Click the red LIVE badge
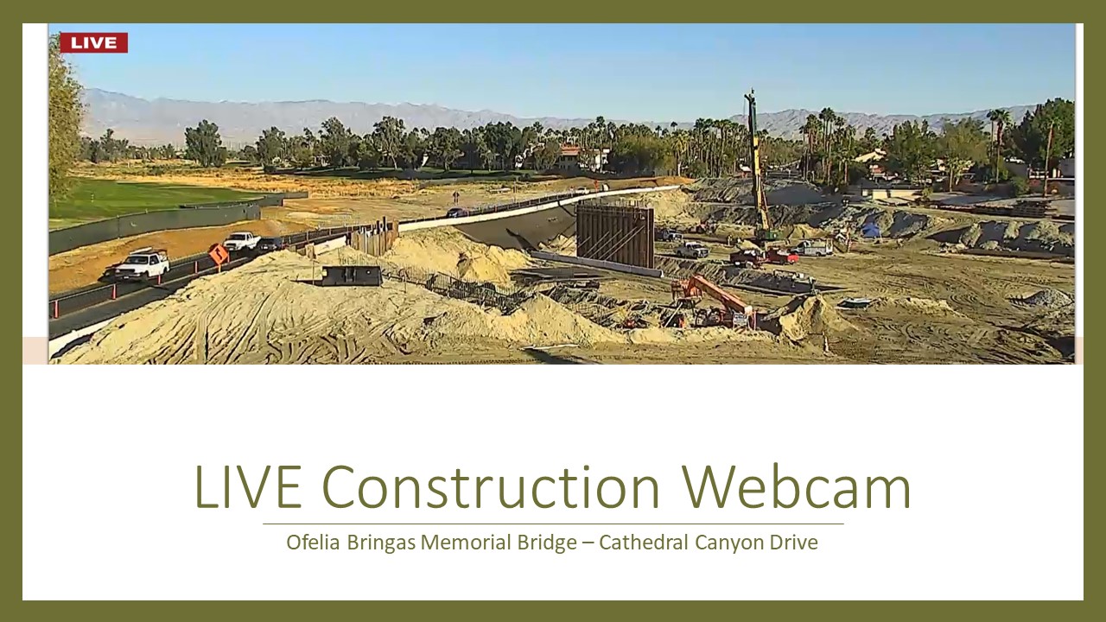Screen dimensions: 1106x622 (94, 42)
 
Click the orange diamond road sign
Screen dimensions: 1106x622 (219, 254)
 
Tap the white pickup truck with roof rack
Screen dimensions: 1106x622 (142, 265)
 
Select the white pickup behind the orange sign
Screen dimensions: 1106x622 (241, 241)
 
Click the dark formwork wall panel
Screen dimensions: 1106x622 (615, 236)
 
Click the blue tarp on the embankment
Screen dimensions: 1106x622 (870, 229)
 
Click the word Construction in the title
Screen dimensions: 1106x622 (490, 486)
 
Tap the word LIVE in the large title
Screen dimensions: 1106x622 (248, 486)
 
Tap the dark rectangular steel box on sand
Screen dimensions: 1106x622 (352, 276)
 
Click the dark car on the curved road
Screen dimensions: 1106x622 (457, 213)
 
